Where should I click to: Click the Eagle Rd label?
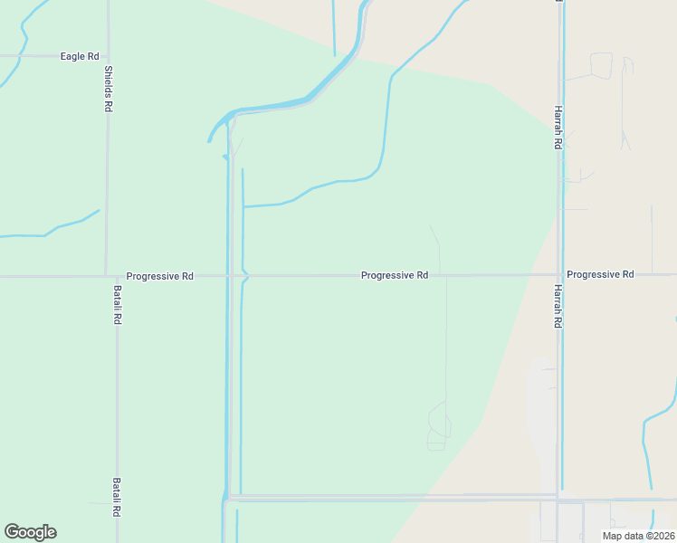coord(79,56)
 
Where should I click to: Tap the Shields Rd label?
coord(108,89)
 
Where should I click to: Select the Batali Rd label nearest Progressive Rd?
coord(118,305)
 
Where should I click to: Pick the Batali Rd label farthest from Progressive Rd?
coord(117,497)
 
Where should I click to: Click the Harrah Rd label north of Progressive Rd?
coord(558,128)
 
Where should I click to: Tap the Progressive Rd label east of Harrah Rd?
coord(600,273)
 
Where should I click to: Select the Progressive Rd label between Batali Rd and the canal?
coord(160,275)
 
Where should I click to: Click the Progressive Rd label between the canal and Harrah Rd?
coord(394,275)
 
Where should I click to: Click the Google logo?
coord(30,532)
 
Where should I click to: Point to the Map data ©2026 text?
coord(638,536)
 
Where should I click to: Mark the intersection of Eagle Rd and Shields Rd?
coord(107,56)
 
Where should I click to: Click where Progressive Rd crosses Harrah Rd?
coord(559,274)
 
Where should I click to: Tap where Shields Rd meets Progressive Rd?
coord(107,275)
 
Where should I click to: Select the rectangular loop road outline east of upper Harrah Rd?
coord(601,65)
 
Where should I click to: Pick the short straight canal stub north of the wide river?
coord(334,27)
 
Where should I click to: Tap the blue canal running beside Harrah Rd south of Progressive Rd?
coord(563,407)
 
